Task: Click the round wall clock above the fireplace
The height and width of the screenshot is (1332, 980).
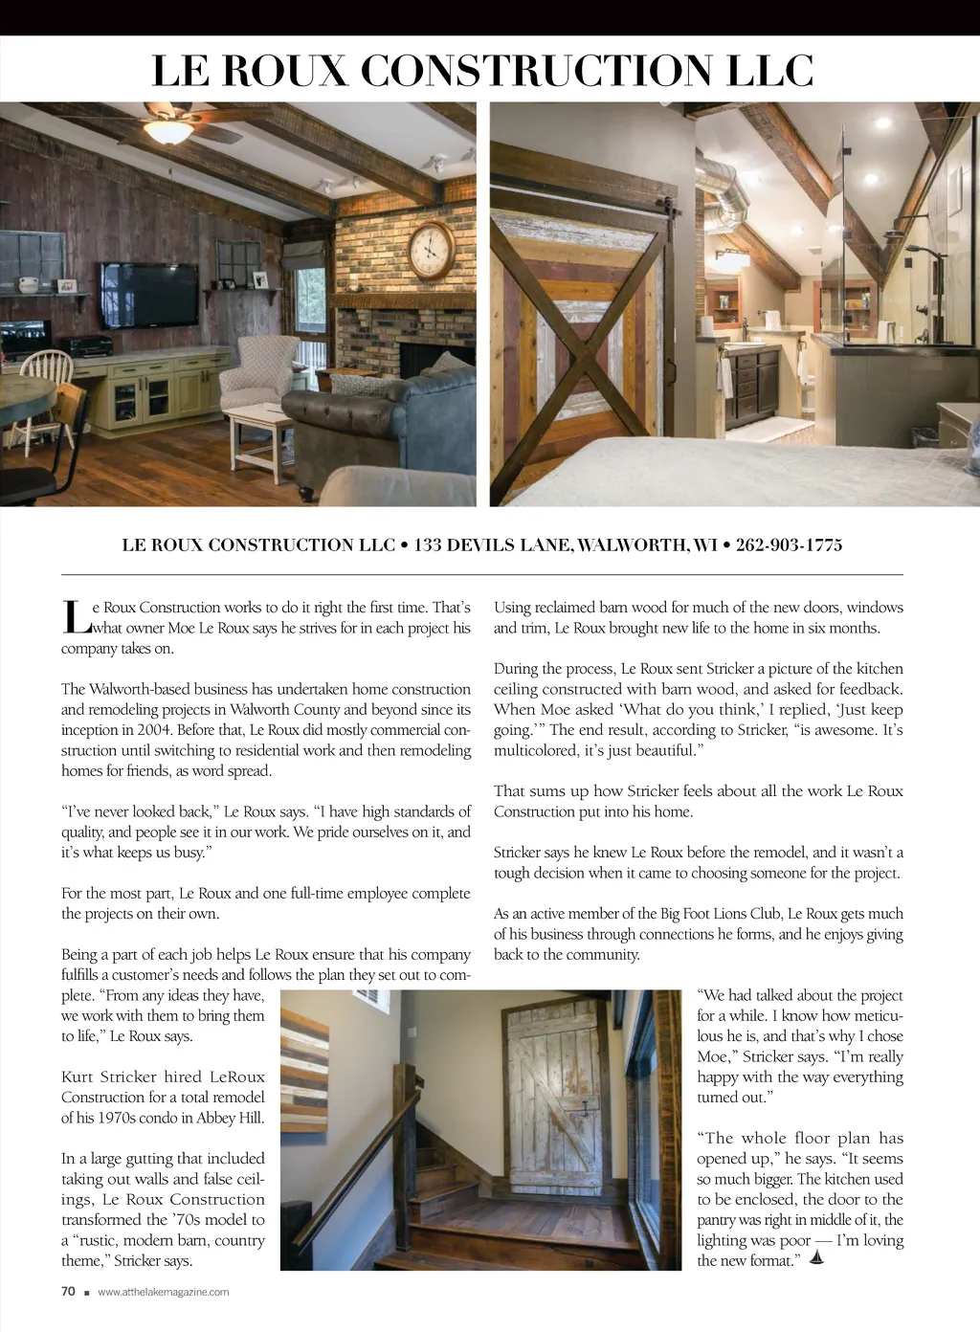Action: (x=432, y=250)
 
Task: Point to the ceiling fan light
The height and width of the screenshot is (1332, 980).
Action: (x=170, y=131)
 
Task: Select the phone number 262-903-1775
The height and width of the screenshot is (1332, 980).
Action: (x=789, y=545)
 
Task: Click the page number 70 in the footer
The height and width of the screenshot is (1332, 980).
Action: (x=68, y=1291)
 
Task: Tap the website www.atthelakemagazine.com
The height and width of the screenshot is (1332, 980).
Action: (x=164, y=1292)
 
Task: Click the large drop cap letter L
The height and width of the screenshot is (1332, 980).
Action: (x=75, y=617)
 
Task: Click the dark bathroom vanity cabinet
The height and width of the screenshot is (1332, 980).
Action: (x=751, y=387)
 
